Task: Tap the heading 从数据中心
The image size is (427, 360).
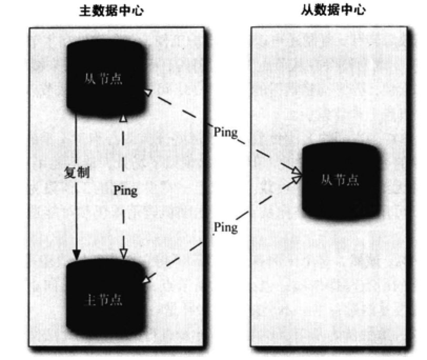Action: pos(340,9)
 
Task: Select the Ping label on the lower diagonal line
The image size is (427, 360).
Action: pos(226,227)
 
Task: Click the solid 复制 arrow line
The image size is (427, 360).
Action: pos(77,211)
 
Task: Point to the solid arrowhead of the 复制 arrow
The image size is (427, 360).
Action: pos(77,255)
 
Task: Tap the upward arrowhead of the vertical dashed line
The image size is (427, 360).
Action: pos(123,119)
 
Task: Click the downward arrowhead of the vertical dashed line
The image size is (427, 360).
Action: pos(123,254)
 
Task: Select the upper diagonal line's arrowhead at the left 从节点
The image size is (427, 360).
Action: pos(149,93)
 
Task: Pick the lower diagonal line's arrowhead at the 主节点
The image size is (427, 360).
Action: pos(147,279)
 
